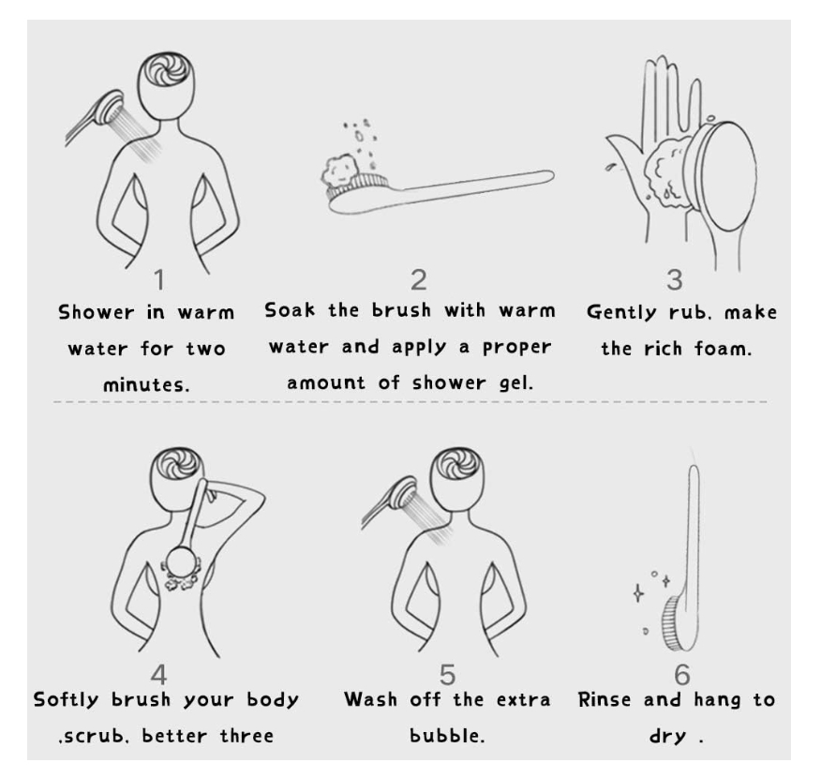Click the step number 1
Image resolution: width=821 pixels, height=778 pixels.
point(159,279)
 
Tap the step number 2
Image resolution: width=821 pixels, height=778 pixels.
point(418,280)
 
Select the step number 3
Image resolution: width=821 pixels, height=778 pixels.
point(675,280)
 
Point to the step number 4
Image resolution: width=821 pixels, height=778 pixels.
point(158,675)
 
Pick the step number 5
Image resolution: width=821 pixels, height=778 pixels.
point(447,675)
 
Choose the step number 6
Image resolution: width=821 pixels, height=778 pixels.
point(681,675)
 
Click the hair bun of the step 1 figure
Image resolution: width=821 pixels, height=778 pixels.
point(166,69)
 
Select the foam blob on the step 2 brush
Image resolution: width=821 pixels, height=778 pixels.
point(339,170)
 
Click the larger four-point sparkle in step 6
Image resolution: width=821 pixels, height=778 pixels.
point(638,593)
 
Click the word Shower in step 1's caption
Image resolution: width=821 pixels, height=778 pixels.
point(97,312)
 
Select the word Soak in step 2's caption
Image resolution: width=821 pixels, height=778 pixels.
point(290,309)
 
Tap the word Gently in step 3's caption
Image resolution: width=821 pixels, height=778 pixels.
point(621,312)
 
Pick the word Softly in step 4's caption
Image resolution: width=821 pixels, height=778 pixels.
point(66,699)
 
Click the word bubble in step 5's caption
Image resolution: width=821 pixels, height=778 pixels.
point(447,735)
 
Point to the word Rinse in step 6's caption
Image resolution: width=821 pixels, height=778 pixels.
point(605,699)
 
